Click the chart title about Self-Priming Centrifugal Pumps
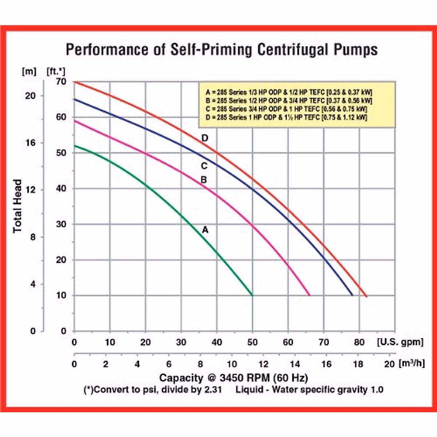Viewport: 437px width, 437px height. click(x=221, y=50)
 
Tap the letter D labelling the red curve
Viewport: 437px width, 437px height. click(x=205, y=138)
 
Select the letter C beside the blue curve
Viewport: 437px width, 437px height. click(x=204, y=166)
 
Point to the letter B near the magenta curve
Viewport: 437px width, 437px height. click(x=204, y=180)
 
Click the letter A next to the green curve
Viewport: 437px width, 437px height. click(x=205, y=230)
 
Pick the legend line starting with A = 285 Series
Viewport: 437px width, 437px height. click(x=288, y=92)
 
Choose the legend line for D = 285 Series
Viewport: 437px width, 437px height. click(x=286, y=117)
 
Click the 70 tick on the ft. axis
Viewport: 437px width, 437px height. click(x=61, y=82)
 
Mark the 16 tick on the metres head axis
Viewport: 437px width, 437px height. click(x=31, y=143)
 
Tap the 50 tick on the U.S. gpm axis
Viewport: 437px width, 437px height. click(x=252, y=342)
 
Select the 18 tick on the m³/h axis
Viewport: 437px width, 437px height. click(x=358, y=364)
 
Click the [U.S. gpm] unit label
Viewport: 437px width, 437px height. click(x=400, y=342)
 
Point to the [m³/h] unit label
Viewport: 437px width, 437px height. click(x=412, y=363)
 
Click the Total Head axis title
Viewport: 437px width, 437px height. click(x=17, y=206)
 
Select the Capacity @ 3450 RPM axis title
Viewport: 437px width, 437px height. click(x=233, y=378)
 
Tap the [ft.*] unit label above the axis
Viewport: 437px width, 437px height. click(x=56, y=71)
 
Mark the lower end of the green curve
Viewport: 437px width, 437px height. click(x=252, y=295)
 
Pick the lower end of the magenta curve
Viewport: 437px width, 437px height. click(x=310, y=295)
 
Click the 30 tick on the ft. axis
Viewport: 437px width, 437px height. click(x=61, y=224)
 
